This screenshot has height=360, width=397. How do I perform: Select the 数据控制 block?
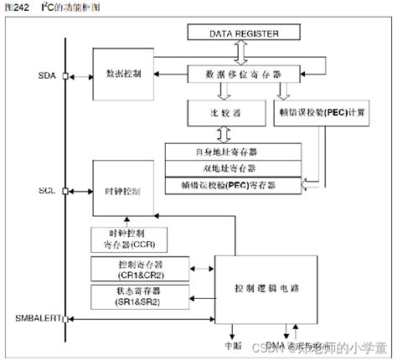123,74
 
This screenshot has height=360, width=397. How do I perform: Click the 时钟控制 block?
123,192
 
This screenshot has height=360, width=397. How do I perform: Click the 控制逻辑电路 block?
267,287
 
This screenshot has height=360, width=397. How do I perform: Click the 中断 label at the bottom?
232,344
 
